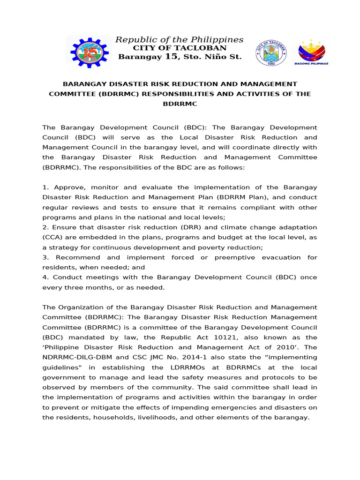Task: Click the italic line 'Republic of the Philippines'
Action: click(180, 39)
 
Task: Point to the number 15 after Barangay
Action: click(172, 57)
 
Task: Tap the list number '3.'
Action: click(45, 257)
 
